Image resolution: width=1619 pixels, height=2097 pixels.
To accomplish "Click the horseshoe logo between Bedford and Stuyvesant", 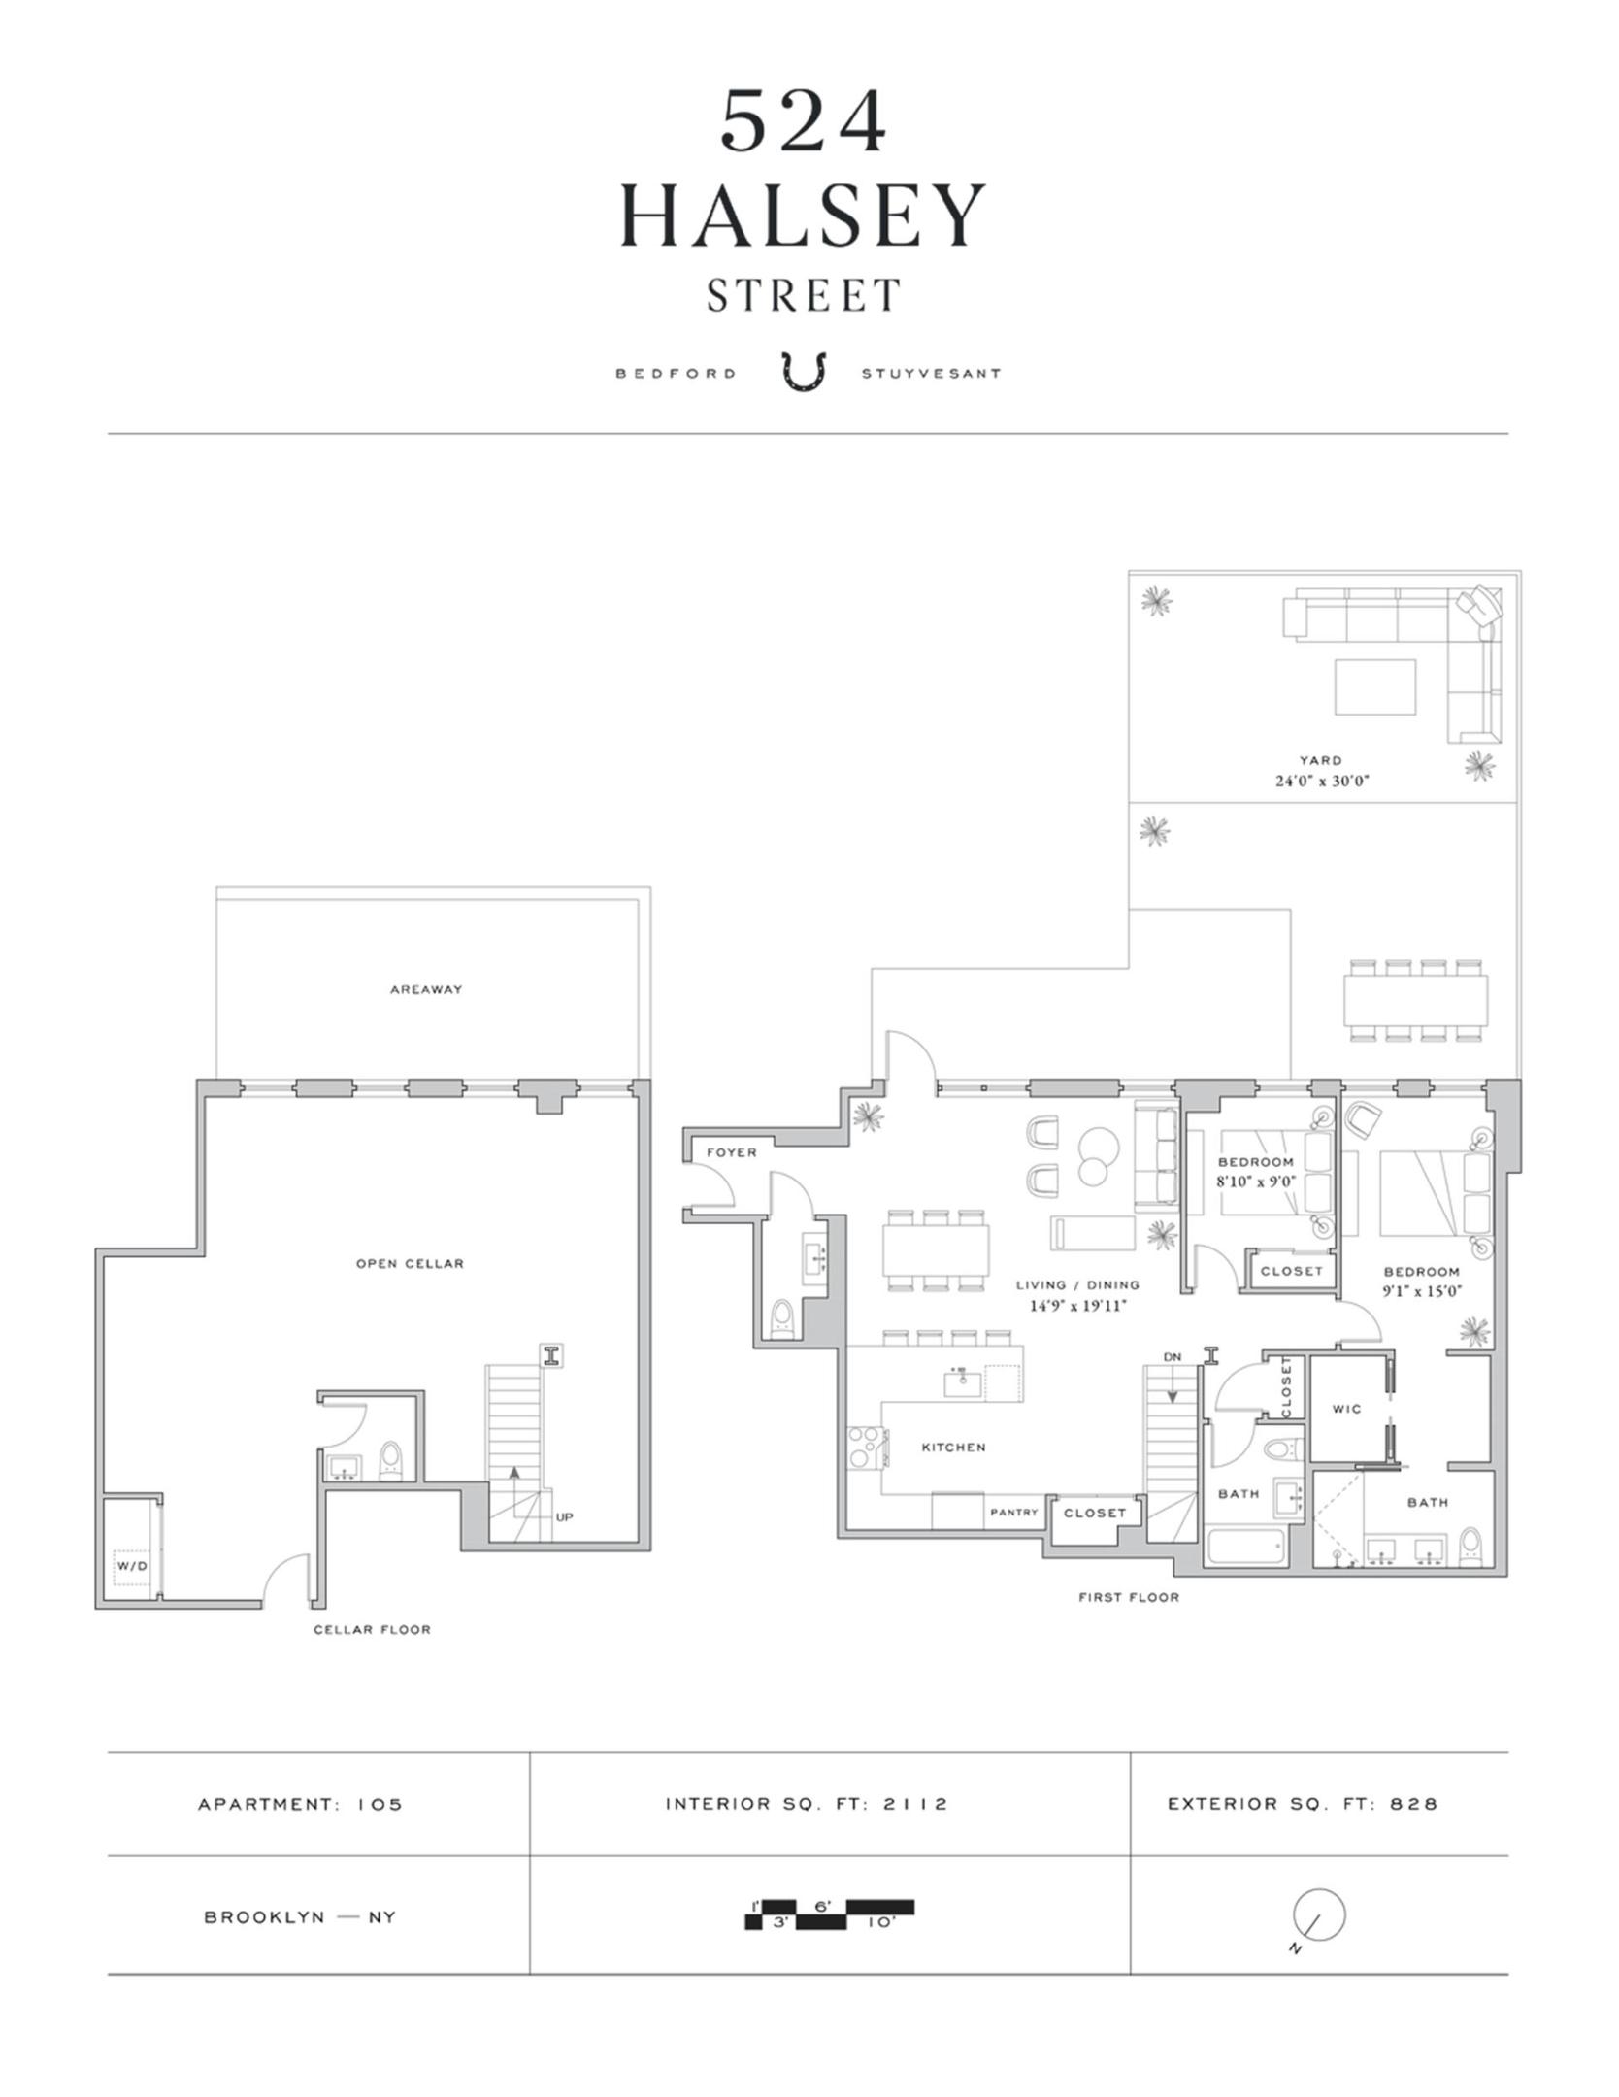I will (805, 372).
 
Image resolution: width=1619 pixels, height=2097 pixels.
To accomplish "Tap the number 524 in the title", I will (804, 122).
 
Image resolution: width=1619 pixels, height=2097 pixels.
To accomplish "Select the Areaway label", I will (426, 989).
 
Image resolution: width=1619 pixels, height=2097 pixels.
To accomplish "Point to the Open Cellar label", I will (410, 1263).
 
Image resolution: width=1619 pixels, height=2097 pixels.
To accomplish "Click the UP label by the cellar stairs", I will (564, 1516).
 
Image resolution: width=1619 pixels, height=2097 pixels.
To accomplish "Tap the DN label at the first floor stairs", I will (1172, 1356).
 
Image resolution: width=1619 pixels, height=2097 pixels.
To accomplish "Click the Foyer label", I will (731, 1152).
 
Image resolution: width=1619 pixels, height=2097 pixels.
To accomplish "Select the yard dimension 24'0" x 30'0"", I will (1321, 781).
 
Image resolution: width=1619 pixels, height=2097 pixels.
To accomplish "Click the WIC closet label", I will (1346, 1409).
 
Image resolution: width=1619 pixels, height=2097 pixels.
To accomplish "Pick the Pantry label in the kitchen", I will (1013, 1512).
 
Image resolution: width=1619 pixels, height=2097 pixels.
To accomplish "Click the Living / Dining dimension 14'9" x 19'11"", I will (1077, 1306).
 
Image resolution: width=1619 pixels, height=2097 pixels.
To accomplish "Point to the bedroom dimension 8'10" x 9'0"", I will (1256, 1182).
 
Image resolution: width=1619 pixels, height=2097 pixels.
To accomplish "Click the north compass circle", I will (1319, 1915).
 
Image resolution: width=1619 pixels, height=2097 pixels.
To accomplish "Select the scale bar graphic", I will (830, 1914).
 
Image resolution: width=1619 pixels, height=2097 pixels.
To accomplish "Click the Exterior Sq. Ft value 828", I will (1413, 1804).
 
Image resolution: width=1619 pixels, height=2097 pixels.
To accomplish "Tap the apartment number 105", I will (379, 1805).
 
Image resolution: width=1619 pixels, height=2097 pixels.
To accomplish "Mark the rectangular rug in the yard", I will (1374, 686).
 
